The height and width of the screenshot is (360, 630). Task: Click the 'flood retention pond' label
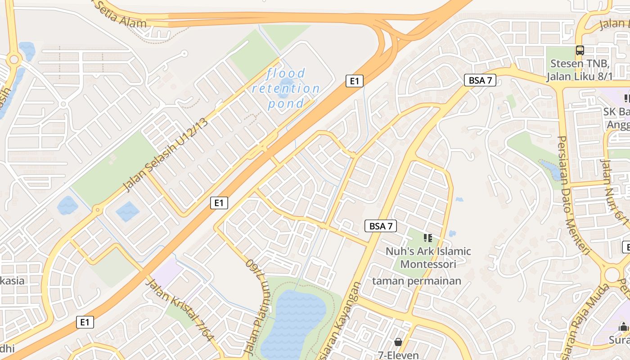[286, 88]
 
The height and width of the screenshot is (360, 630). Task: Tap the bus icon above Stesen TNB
[580, 50]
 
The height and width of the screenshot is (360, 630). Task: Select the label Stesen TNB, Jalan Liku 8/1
[579, 70]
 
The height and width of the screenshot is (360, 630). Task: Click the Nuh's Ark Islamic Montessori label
[428, 257]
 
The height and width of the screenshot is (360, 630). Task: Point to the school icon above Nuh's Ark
[427, 238]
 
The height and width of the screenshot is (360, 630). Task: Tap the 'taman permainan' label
[416, 281]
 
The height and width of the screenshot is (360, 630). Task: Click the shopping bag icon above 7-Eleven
[398, 342]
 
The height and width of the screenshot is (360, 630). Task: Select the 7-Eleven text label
[398, 355]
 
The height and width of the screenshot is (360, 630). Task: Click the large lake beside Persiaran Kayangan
[295, 322]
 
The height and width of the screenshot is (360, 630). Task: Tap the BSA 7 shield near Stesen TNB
[480, 81]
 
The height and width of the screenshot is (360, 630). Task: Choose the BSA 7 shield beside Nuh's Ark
[380, 226]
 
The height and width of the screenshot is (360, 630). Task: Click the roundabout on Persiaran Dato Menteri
[612, 274]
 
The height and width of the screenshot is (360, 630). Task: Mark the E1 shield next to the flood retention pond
[354, 81]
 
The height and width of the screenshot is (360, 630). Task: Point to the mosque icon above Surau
[623, 327]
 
